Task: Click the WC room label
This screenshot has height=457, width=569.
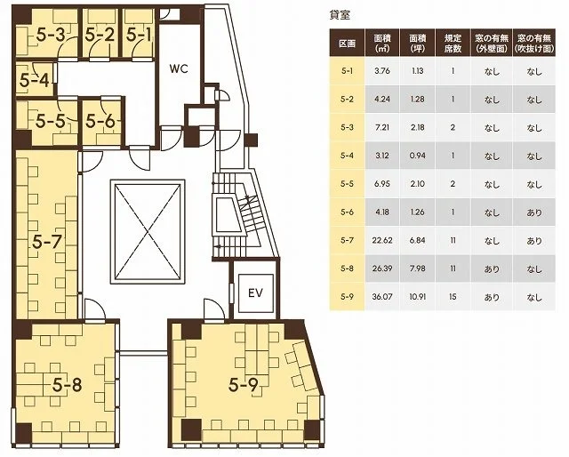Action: (179, 69)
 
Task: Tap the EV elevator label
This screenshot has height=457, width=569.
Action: (255, 293)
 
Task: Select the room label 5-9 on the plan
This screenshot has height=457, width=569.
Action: (244, 386)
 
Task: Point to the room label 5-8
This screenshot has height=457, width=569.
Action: (68, 385)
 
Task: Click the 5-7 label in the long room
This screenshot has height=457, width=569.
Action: (47, 242)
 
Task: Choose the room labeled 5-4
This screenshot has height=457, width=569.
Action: (34, 80)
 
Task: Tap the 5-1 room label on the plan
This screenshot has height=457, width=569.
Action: (139, 35)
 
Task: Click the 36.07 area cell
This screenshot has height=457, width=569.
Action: (382, 297)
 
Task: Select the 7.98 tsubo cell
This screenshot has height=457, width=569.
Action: (417, 269)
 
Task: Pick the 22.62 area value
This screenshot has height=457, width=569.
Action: (382, 240)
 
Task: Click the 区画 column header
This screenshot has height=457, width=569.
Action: (347, 44)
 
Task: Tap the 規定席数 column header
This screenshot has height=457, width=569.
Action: (453, 44)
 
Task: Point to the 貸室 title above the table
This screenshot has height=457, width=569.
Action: (340, 15)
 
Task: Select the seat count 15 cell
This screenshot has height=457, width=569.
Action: (453, 297)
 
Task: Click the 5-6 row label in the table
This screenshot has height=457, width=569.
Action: (347, 212)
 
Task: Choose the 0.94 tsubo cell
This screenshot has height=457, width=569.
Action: (417, 156)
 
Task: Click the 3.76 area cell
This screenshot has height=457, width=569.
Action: (382, 71)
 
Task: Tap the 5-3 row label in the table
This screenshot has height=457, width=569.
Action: (347, 127)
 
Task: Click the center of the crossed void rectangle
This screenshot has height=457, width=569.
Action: (148, 231)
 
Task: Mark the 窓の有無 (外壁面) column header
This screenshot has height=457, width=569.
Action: (492, 44)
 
